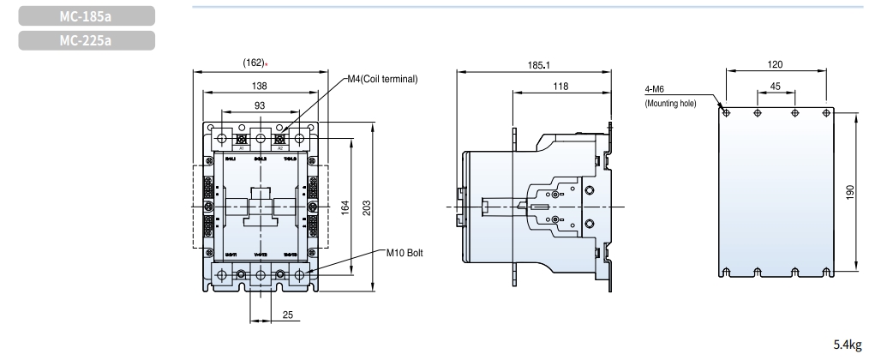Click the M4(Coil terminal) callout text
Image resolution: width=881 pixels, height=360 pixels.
coord(382,80)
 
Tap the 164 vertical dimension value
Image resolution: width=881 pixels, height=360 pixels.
coord(345,209)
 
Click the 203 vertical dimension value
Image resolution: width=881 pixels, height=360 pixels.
coord(369,209)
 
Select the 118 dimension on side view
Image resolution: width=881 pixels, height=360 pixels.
coord(560,86)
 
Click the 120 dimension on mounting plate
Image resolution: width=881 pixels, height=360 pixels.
coord(776,63)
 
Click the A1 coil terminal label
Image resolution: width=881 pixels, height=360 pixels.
coord(243,147)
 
